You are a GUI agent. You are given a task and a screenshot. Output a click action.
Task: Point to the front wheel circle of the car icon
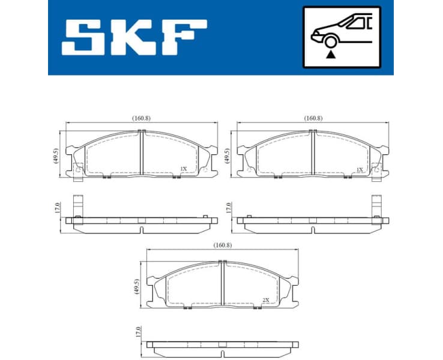click(329, 41)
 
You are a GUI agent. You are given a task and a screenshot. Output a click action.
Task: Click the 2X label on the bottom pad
click(265, 299)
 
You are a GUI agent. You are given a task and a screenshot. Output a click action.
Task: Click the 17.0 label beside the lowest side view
click(137, 332)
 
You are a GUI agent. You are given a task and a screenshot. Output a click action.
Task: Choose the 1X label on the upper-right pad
click(360, 169)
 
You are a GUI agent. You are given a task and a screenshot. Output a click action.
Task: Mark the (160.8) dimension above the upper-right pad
click(313, 118)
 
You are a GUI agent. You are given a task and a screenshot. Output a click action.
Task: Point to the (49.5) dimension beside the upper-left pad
click(55, 156)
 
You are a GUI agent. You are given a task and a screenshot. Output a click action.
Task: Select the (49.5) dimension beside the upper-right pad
click(227, 156)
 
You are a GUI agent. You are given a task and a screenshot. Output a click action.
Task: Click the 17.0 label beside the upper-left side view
click(57, 208)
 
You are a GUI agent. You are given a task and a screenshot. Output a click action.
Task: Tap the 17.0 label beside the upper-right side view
click(228, 208)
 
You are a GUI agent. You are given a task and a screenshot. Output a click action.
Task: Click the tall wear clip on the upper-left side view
click(77, 206)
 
